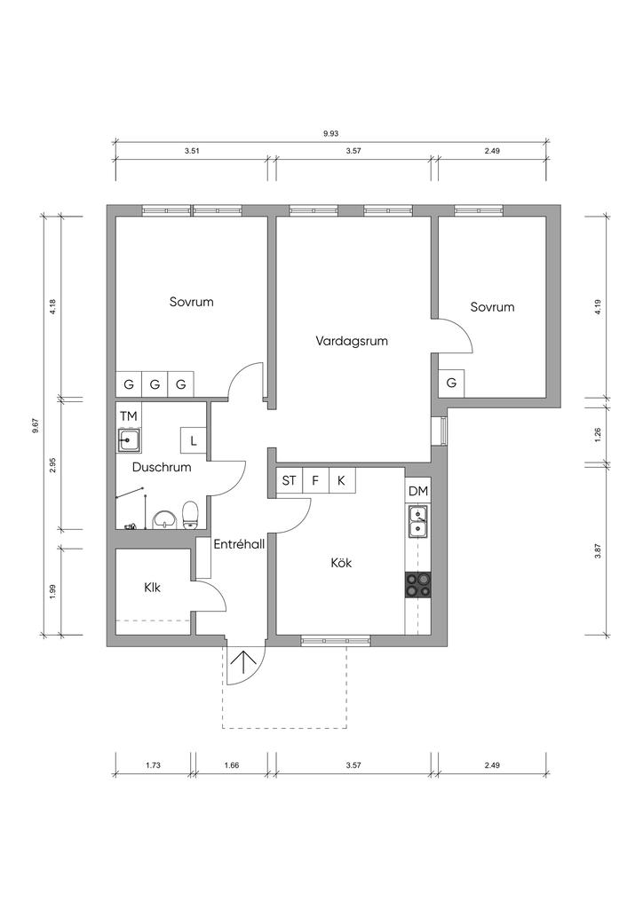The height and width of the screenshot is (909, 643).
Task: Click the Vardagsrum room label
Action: (x=352, y=341)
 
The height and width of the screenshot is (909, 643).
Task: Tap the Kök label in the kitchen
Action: (x=341, y=562)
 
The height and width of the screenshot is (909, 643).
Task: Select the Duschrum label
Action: (x=162, y=467)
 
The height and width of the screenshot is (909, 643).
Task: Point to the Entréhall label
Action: (x=239, y=544)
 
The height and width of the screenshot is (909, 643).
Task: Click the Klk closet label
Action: (x=153, y=588)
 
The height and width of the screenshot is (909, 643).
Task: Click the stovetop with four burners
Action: (x=418, y=584)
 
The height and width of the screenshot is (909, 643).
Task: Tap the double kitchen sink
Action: (x=417, y=522)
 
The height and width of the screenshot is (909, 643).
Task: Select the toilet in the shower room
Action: (x=191, y=516)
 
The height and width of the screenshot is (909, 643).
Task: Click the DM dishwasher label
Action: (x=418, y=492)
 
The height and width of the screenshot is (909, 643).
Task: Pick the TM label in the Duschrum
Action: (x=129, y=415)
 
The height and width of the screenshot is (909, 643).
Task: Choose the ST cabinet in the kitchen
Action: (x=289, y=480)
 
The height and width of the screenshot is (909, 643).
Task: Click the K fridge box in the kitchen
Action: (x=342, y=480)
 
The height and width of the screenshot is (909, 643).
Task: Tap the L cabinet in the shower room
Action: (x=194, y=440)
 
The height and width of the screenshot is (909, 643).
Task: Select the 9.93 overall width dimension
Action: (x=331, y=133)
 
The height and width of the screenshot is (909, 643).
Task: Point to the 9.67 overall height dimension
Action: (x=36, y=426)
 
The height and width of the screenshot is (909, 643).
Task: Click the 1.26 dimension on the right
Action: (x=598, y=434)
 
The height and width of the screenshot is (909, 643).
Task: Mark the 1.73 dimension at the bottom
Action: (x=153, y=765)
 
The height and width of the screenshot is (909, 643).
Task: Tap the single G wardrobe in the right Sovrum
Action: (x=451, y=383)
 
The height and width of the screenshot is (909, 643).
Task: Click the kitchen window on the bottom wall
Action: (x=336, y=641)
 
